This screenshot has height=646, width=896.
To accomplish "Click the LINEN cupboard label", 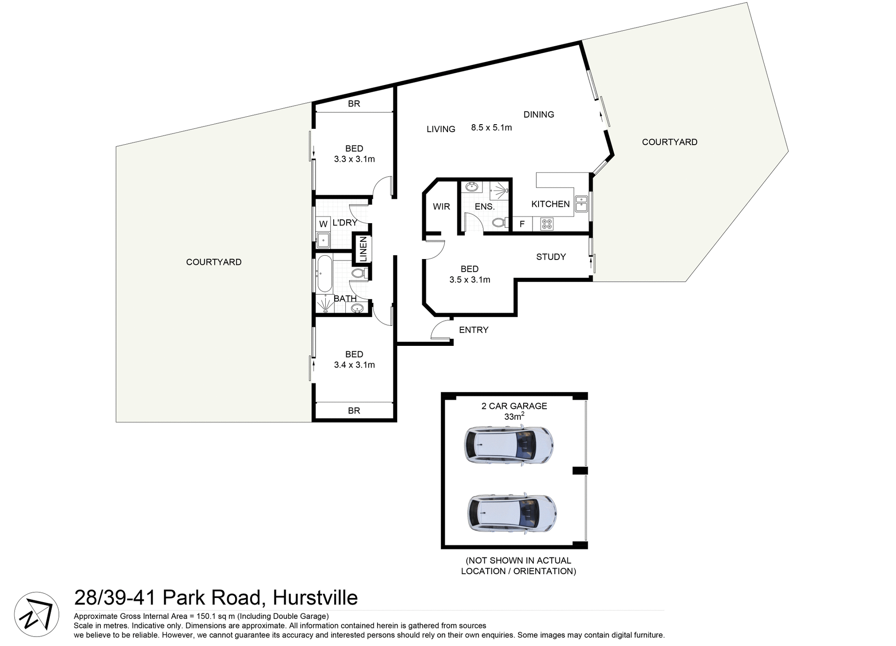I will [x=363, y=249].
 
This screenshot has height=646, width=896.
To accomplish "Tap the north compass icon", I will [x=36, y=614].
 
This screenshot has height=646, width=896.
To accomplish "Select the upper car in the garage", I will [x=509, y=444].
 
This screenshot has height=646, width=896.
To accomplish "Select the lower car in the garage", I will [x=512, y=513].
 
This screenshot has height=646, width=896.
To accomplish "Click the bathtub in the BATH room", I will [x=324, y=274].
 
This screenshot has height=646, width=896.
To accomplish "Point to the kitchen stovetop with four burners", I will [x=547, y=224].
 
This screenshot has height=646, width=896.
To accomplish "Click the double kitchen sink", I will [x=581, y=204].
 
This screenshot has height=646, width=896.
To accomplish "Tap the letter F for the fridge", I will [x=522, y=225].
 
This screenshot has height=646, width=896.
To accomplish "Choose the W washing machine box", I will [x=323, y=225].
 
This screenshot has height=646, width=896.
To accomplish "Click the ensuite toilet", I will [x=500, y=223].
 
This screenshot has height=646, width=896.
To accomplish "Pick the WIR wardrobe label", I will [x=441, y=206].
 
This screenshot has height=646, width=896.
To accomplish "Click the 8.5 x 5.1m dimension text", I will [x=491, y=127].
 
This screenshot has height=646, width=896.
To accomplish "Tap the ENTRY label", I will [x=474, y=330].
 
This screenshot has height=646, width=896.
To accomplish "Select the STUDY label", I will [x=551, y=257].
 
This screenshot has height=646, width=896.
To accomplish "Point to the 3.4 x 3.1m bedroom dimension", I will [x=354, y=365].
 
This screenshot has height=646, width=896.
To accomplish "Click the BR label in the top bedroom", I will [x=354, y=104].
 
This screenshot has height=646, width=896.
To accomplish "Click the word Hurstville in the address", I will [x=315, y=598].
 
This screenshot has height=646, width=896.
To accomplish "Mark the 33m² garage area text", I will [x=514, y=416].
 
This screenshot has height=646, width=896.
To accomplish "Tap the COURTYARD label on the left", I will [x=214, y=262].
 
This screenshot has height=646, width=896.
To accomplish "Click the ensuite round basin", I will [x=472, y=187].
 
